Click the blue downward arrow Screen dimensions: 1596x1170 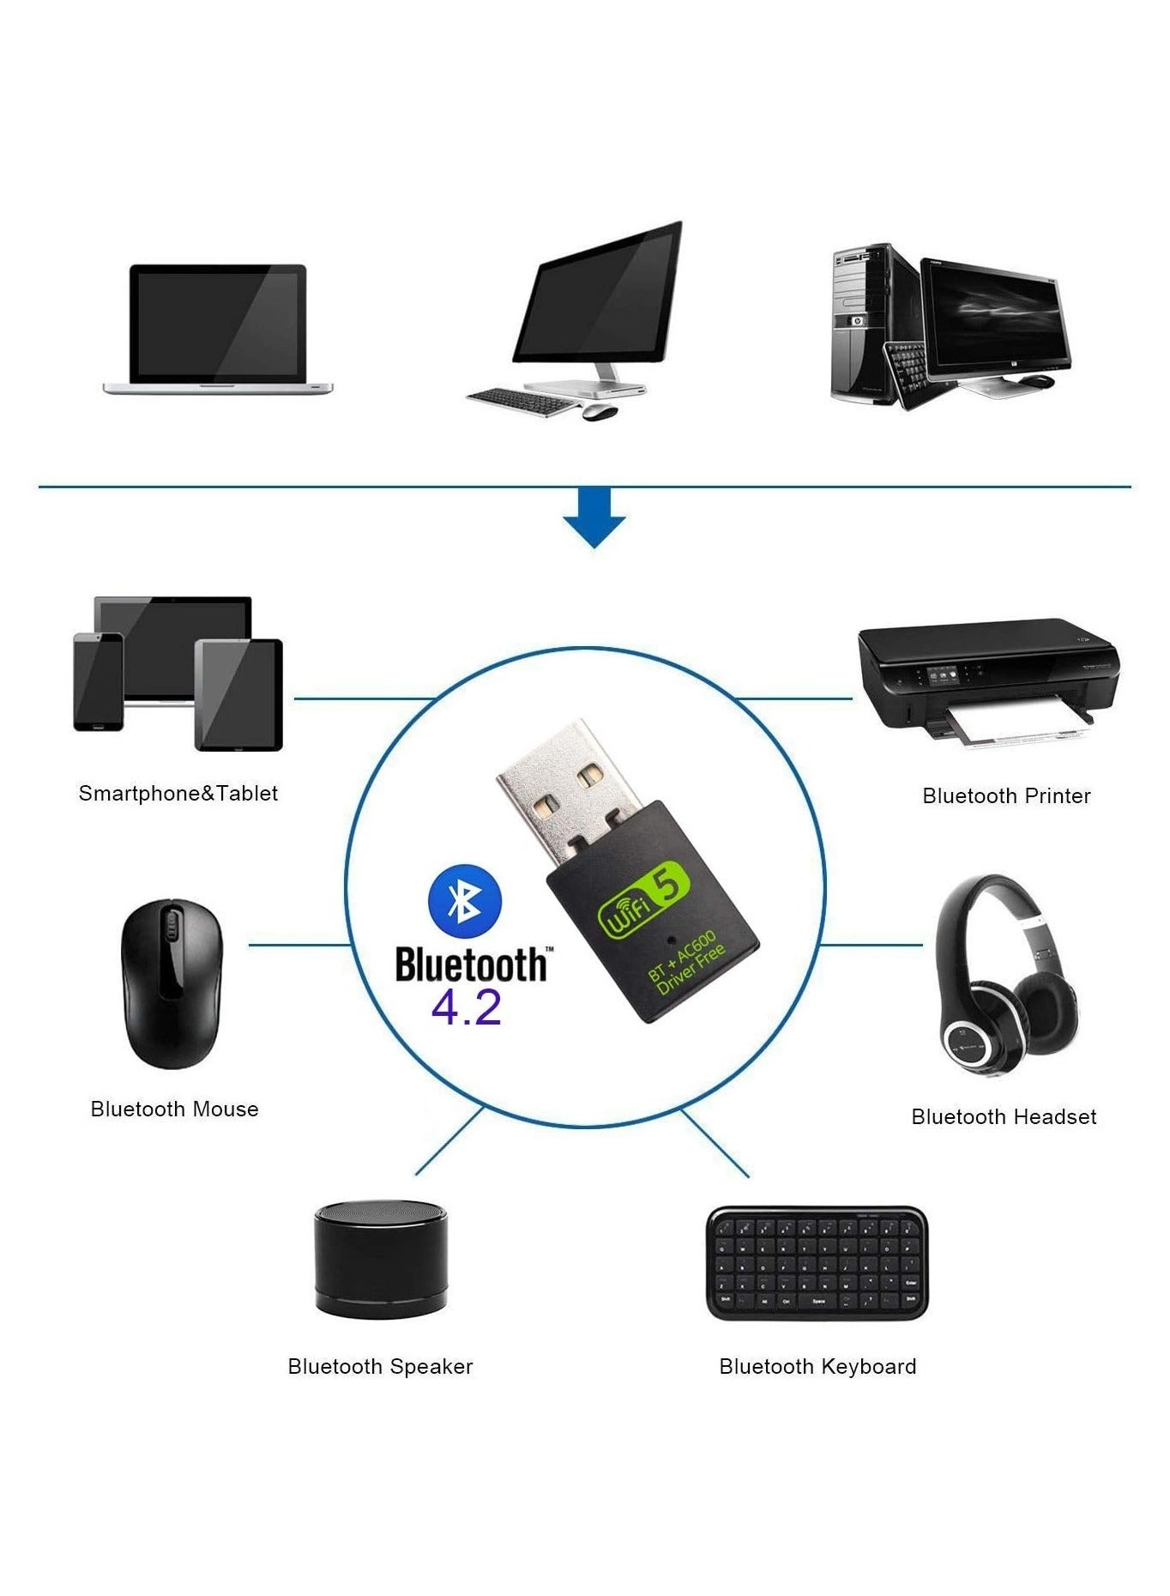(594, 517)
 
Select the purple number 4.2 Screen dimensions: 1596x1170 (466, 1007)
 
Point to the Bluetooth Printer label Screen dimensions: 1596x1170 (1005, 796)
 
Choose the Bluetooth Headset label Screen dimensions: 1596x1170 (1004, 1116)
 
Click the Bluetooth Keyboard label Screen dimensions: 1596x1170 (817, 1366)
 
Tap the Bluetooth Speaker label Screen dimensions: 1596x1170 (380, 1366)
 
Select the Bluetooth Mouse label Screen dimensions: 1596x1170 (174, 1109)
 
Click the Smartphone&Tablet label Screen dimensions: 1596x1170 (178, 793)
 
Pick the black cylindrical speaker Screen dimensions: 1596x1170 (381, 1258)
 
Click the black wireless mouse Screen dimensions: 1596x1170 (172, 983)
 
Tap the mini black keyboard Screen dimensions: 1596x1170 (817, 1263)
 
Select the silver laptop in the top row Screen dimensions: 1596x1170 (218, 329)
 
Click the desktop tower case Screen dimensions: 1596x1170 (864, 326)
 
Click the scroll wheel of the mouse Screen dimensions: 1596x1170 (171, 928)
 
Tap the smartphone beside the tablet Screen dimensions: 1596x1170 (99, 682)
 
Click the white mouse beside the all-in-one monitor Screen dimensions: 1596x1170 (600, 411)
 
